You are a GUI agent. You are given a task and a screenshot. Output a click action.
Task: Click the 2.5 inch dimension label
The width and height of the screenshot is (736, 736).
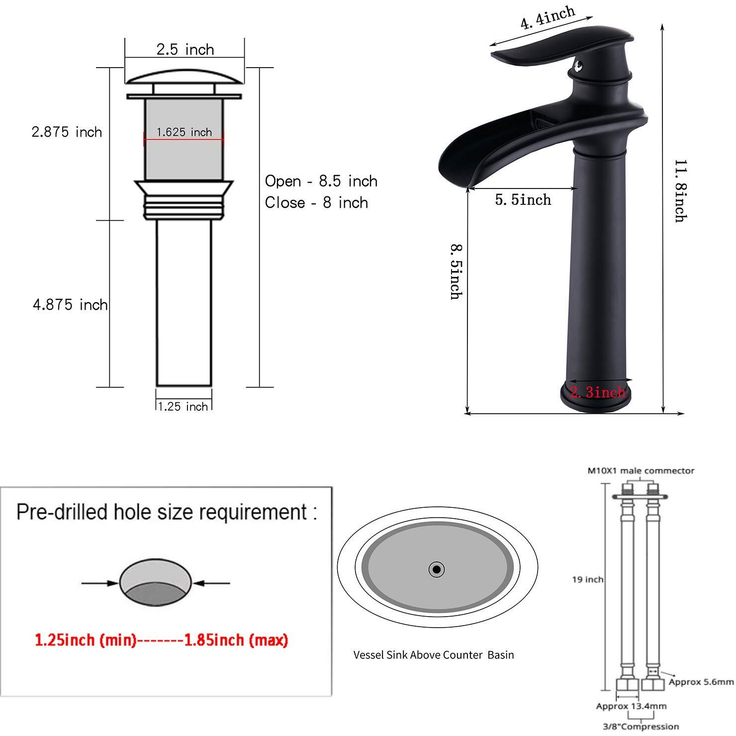[x=185, y=49]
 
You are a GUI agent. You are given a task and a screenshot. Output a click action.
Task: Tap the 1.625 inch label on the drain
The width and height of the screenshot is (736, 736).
[x=184, y=132]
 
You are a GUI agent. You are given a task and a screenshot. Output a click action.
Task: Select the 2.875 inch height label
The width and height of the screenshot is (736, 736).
[x=67, y=132]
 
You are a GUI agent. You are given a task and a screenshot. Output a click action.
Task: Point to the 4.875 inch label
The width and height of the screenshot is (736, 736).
[x=70, y=304]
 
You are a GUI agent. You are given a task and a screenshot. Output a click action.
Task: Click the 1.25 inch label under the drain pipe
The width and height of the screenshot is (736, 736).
[x=183, y=406]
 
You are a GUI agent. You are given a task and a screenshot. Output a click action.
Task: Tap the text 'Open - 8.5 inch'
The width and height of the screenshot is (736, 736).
[x=321, y=181]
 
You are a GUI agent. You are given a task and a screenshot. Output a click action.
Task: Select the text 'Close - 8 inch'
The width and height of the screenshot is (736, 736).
[x=316, y=203]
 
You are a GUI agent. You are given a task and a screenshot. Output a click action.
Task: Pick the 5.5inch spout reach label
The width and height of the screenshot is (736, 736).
[x=523, y=200]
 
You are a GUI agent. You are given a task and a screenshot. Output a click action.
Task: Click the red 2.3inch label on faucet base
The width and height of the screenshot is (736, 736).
[x=597, y=392]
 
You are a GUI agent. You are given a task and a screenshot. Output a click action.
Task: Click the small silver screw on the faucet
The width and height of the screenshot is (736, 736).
[x=578, y=65]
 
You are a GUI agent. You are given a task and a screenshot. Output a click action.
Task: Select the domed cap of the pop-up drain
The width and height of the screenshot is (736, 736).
[x=184, y=77]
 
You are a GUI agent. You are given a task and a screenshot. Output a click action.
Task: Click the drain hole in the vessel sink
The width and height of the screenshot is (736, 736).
[x=437, y=569]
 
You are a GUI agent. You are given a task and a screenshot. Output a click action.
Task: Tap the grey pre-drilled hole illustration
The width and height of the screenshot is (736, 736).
[x=155, y=582]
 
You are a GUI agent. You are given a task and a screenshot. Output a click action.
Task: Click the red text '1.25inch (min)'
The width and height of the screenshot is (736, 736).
[x=86, y=640]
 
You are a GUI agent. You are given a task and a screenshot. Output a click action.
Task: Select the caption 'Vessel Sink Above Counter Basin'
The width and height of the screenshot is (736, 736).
[x=434, y=655]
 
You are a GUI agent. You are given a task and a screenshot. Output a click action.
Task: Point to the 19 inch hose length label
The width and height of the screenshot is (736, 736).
[x=587, y=579]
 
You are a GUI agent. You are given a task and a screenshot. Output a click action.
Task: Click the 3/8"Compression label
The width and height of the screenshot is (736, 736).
[x=641, y=727]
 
